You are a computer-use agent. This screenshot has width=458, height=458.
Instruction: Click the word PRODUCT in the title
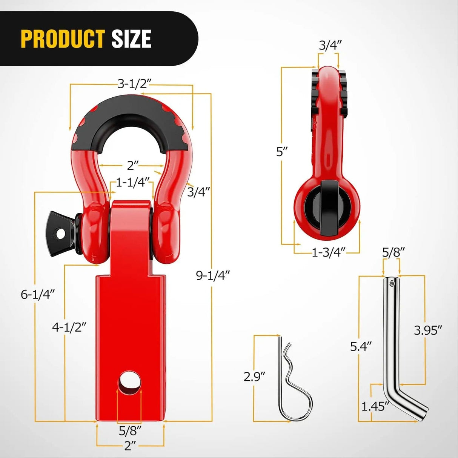coord(63,39)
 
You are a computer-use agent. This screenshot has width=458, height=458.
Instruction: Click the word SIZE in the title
coord(131,39)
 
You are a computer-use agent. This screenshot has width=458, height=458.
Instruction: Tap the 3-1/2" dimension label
coord(132,84)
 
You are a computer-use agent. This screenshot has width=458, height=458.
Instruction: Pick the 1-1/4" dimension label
coord(133,183)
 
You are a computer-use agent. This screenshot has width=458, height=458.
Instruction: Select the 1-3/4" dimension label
coord(328,253)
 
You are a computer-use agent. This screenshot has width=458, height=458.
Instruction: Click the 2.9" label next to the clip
coord(254,377)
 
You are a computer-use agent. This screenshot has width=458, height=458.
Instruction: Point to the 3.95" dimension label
coord(428,330)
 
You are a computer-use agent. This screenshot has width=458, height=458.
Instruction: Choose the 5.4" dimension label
coord(361,346)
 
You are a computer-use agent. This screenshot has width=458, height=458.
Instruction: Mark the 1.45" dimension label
coord(375,406)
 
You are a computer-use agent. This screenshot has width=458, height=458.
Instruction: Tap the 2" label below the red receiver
coord(130,446)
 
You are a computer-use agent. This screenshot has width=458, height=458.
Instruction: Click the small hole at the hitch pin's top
coord(392,283)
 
